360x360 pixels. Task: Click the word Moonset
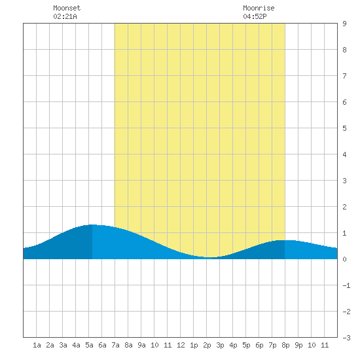pos(67,8)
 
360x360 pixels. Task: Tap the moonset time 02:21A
pos(65,16)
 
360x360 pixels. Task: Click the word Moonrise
pos(259,8)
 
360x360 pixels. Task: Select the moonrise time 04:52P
pos(255,16)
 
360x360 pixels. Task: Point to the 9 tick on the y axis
pos(344,24)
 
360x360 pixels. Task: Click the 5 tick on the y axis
pos(344,128)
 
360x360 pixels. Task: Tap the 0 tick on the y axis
pos(344,259)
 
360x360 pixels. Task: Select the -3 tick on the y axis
pos(346,338)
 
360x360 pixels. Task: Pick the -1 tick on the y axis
pos(346,285)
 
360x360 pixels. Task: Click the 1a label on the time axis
pos(37,345)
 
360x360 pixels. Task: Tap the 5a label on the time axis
pos(89,345)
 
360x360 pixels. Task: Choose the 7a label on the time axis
pos(115,345)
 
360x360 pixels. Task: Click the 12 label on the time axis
pos(181,345)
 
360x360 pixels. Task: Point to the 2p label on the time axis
pos(207,345)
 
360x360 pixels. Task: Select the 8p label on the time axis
pos(285,345)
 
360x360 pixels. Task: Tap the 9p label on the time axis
pos(298,345)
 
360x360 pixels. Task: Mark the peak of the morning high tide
pos(92,225)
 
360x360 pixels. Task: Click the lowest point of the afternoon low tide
pos(211,257)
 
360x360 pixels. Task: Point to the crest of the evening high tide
pos(285,240)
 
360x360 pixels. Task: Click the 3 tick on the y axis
pos(344,181)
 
